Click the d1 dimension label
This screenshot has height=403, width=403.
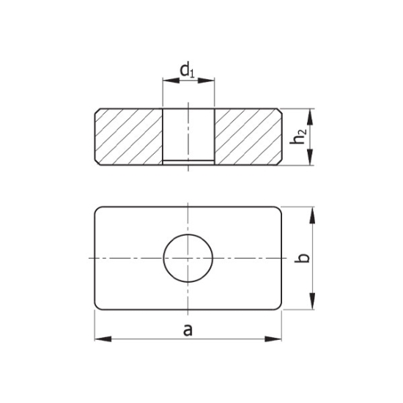click(x=188, y=71)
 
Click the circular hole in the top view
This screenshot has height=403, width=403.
click(x=188, y=258)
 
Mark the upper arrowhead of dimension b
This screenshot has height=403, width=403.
click(x=313, y=215)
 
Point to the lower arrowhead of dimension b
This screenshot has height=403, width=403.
click(x=313, y=302)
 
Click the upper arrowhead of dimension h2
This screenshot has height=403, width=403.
click(x=312, y=116)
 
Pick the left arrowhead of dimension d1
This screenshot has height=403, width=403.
click(x=168, y=81)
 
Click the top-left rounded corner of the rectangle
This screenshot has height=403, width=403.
click(x=98, y=210)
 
